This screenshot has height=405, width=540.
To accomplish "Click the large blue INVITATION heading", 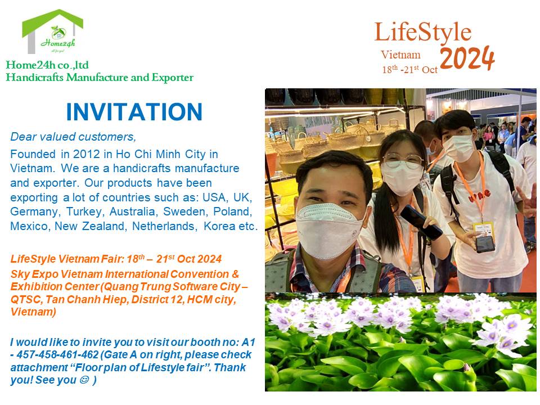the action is (x=134, y=112).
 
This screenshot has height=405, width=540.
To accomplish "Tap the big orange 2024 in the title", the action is (x=467, y=58).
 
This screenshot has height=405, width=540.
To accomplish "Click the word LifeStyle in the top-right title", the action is (x=423, y=33).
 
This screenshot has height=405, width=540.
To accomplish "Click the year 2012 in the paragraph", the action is (x=85, y=154).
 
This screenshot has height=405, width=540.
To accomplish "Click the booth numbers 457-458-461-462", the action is (x=57, y=354).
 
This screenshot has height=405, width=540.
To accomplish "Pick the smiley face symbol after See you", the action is (x=83, y=380).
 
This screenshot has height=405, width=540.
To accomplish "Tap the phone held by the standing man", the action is (x=485, y=244).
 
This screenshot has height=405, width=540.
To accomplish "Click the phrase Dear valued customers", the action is (x=73, y=137).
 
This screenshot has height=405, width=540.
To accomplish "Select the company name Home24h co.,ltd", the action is (x=47, y=65).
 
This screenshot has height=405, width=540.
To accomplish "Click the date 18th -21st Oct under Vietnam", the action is (x=410, y=70).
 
